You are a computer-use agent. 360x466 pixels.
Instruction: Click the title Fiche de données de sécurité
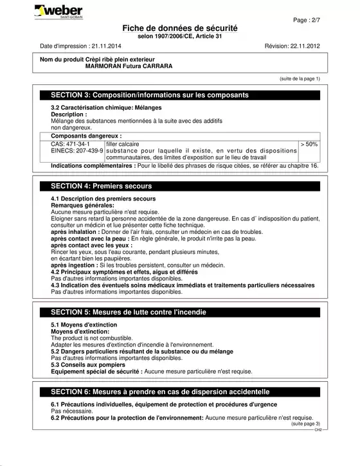(179, 29)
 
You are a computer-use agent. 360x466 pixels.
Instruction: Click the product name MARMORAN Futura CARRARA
(129, 66)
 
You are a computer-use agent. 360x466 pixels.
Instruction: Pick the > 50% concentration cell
(309, 144)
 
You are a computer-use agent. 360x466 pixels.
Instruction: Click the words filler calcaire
(122, 144)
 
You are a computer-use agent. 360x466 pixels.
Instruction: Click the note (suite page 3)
(305, 424)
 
